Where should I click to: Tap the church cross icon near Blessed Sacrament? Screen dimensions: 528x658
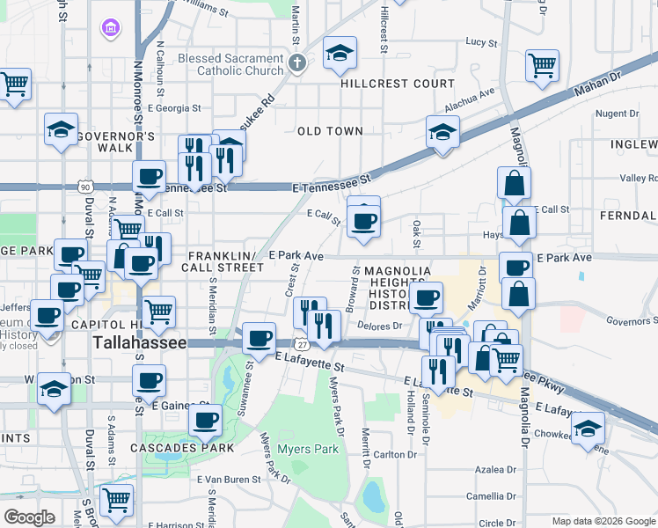(x=297, y=63)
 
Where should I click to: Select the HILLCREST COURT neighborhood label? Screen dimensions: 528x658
(x=398, y=84)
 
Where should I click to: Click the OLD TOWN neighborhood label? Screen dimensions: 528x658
(x=330, y=131)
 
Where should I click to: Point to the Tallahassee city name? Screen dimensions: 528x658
(x=140, y=343)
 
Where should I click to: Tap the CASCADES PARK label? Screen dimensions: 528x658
(x=189, y=447)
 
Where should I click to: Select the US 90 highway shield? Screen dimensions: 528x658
(x=84, y=187)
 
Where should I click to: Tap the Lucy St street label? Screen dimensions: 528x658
(x=482, y=41)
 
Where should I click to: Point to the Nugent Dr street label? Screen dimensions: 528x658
(x=617, y=114)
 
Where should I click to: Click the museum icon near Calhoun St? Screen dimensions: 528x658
(x=111, y=30)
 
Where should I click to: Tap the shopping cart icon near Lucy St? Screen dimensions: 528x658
(x=542, y=64)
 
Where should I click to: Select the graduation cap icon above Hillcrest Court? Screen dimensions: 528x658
(x=340, y=54)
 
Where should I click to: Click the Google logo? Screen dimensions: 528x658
(x=30, y=517)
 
